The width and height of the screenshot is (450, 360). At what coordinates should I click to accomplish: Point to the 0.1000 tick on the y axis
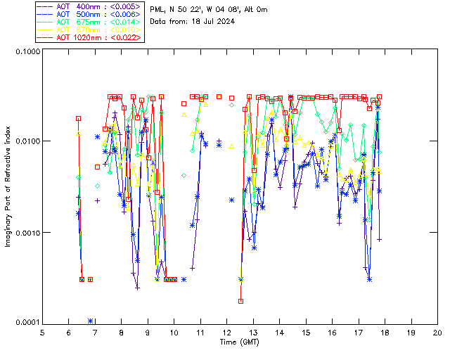point(26,51)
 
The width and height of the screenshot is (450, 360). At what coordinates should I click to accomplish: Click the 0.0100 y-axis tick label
point(26,141)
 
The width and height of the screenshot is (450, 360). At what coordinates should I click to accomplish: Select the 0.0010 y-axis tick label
point(26,232)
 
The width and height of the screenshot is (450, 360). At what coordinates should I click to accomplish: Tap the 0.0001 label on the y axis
point(26,323)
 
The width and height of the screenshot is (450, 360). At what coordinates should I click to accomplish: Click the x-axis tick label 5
point(42,333)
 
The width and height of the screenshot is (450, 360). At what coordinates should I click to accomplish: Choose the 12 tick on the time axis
point(227,333)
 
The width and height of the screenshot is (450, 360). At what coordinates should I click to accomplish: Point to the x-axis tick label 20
point(437,333)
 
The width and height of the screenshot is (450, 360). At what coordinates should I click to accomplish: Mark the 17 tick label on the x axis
point(359,333)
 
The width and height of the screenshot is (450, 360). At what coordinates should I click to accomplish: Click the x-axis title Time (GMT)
point(239,342)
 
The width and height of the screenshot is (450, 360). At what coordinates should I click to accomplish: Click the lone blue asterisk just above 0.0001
point(91,321)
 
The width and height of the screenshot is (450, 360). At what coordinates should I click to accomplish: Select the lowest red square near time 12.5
point(240,301)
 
